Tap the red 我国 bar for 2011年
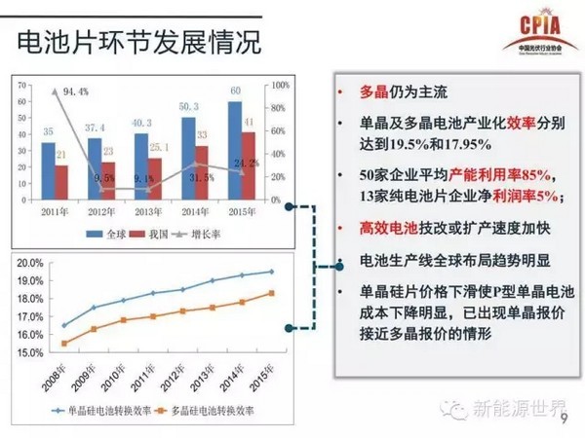click(x=60, y=182)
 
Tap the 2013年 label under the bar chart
click(x=149, y=210)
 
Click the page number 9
click(x=563, y=419)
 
